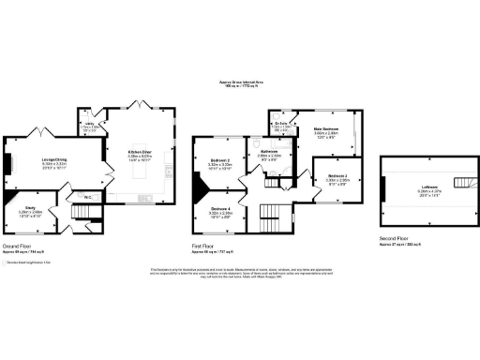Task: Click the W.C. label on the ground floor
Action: [x=86, y=196]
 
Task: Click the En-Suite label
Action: [x=280, y=124]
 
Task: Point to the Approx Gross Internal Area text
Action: [x=239, y=83]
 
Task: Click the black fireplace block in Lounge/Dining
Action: [x=8, y=164]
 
